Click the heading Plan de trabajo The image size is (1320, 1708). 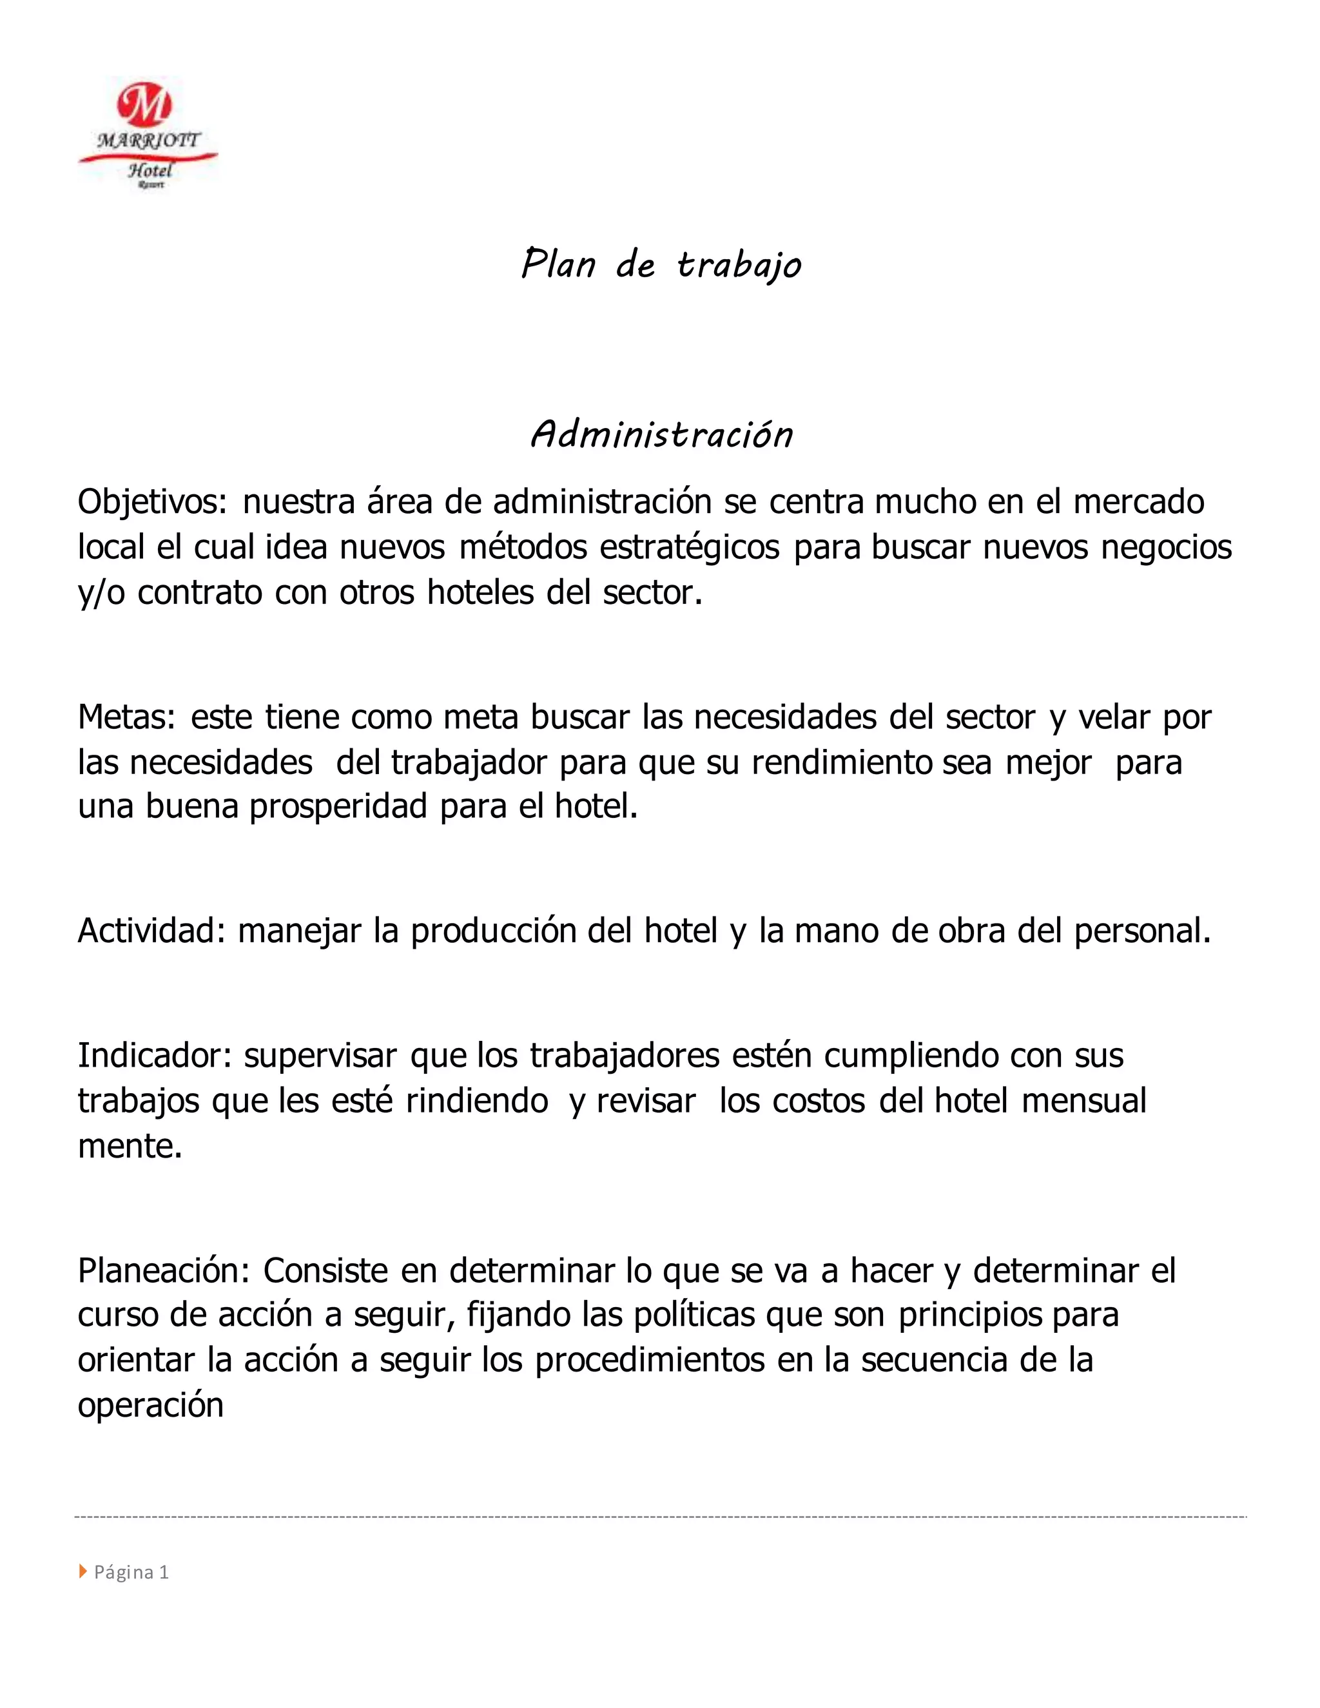coord(661,264)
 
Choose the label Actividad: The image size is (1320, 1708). coord(151,931)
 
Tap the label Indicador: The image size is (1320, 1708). coord(155,1056)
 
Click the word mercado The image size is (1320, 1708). coord(1139,502)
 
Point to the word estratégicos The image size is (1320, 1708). coord(690,547)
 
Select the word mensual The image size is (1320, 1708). coord(1084,1101)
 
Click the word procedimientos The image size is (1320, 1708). coord(650,1360)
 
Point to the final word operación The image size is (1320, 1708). coord(151,1405)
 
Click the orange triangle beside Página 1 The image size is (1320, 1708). coord(83,1571)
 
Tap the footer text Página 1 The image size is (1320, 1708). coord(131,1572)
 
